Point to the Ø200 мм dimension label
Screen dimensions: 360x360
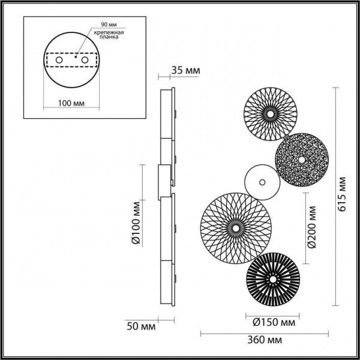tap(312, 227)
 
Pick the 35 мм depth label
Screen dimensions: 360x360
tap(185, 71)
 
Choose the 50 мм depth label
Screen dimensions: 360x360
tap(142, 327)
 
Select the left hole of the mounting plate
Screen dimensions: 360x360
tap(59, 61)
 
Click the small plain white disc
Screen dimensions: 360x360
tap(262, 180)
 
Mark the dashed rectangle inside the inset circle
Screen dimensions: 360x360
tap(72, 61)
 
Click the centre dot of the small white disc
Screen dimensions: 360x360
tap(262, 180)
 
